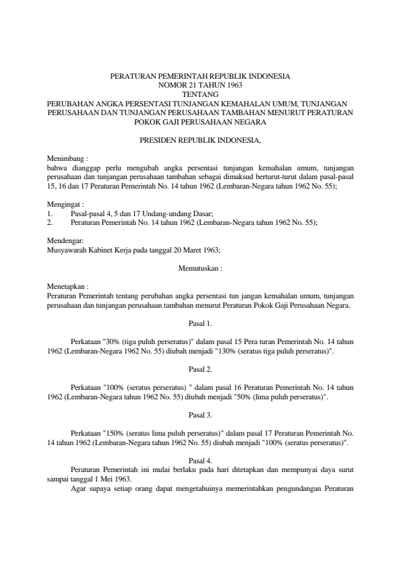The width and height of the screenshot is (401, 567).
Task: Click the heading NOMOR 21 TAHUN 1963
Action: (x=200, y=86)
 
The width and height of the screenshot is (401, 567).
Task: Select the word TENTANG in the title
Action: (x=200, y=94)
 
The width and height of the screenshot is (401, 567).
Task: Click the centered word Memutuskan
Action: (x=200, y=267)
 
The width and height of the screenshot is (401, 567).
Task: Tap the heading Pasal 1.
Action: (x=200, y=323)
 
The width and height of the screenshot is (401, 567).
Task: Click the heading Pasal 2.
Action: (x=200, y=369)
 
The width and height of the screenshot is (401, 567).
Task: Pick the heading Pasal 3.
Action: (x=200, y=415)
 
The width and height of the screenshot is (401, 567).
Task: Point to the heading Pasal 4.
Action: (x=200, y=461)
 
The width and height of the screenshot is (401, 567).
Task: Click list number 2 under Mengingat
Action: (x=50, y=221)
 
